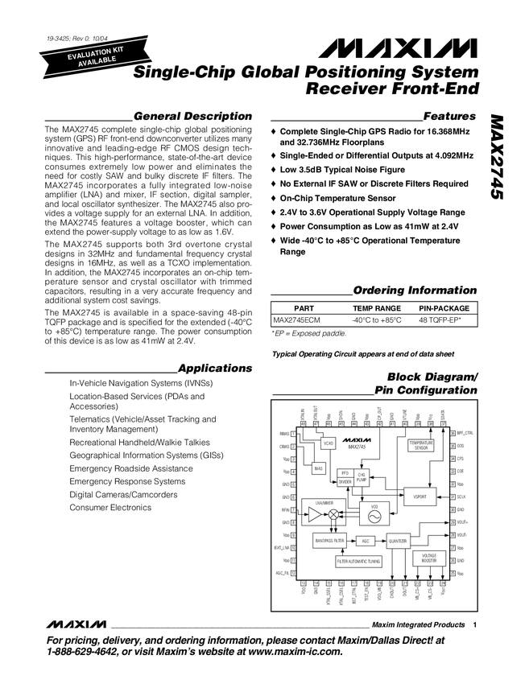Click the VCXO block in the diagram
[329, 443]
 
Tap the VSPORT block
[419, 497]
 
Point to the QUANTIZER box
[399, 541]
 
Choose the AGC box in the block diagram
[365, 541]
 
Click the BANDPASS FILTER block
[330, 541]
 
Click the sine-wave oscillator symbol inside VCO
[374, 516]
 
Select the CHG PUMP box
[362, 477]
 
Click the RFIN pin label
[284, 509]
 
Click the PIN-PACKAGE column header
[444, 308]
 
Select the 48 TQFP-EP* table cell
[444, 319]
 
